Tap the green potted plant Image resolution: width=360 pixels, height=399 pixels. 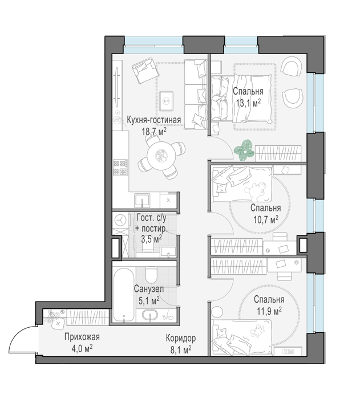coord(244,150)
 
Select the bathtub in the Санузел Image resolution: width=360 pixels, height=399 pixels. coord(123,295)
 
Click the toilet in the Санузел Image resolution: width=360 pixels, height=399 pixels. coord(151,275)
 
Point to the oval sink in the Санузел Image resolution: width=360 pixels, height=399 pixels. coord(151,315)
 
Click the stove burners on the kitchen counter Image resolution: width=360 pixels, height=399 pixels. coord(120,167)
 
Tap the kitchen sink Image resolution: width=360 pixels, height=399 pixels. coord(142,200)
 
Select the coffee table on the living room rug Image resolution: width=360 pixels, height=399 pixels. coord(166,101)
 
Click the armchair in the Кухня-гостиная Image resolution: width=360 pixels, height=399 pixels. coord(145,70)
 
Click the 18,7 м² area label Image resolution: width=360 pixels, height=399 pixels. coord(154,132)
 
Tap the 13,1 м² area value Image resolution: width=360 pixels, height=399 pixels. coord(248,103)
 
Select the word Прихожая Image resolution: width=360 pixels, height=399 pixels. coord(82,337)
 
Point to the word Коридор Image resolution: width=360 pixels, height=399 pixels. coord(181,338)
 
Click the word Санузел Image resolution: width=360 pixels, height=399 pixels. coord(149,289)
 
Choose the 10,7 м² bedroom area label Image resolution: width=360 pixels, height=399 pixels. coord(265,219)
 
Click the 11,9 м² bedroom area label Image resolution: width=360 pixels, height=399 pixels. coord(269,311)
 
